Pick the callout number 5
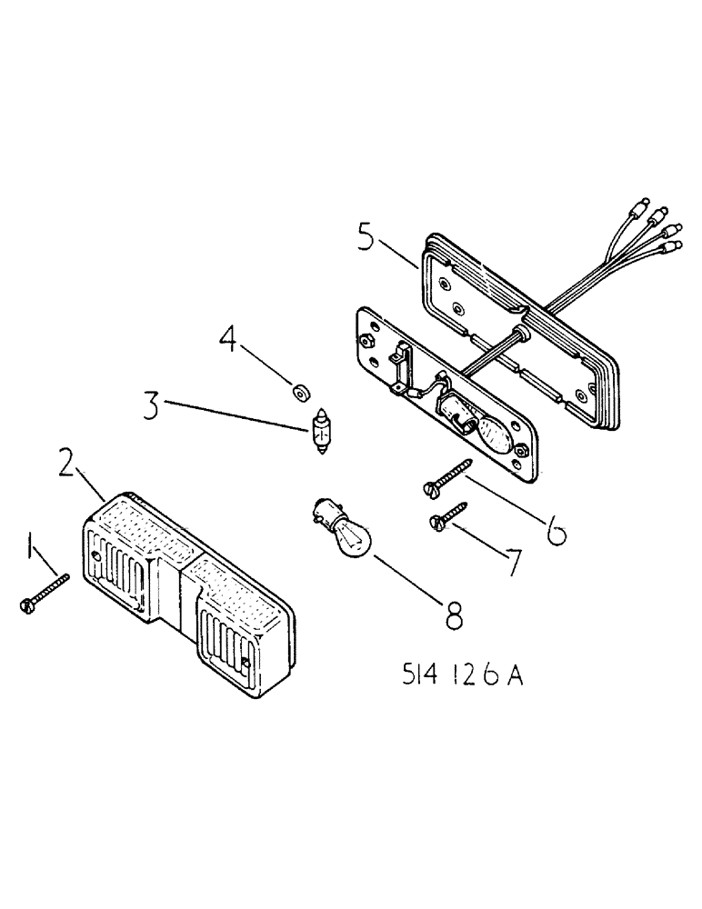(x=365, y=240)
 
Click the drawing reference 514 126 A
(x=463, y=676)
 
